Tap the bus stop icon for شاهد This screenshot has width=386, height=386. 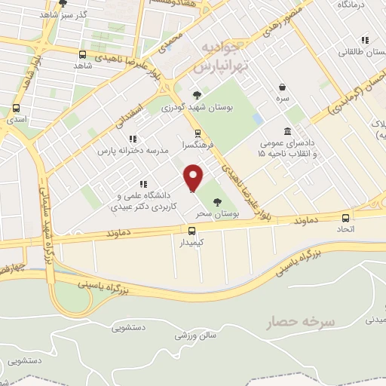point(82,54)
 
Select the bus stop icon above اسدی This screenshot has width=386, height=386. point(17,107)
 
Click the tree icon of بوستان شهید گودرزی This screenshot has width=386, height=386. point(197,95)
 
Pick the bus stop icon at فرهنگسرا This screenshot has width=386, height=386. point(197,133)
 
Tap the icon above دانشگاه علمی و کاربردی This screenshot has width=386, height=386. point(142,184)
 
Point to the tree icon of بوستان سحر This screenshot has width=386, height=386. point(218,201)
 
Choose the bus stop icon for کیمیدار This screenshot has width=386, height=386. point(191,231)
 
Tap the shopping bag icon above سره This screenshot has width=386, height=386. point(282,87)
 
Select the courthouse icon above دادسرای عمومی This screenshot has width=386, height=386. point(287,131)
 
